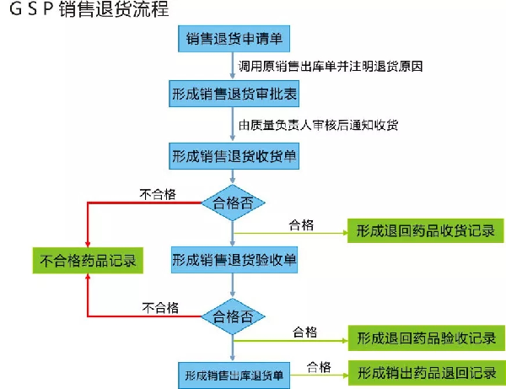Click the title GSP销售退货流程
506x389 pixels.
coord(89,8)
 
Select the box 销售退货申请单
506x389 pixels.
coord(234,39)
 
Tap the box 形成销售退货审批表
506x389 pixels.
coord(234,94)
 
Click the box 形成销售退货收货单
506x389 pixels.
coord(234,156)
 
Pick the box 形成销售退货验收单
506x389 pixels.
coord(234,260)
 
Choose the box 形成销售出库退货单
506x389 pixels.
coord(234,375)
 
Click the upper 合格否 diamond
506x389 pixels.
coord(233,203)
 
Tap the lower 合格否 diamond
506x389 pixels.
coord(233,316)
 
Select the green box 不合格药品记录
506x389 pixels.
coord(88,261)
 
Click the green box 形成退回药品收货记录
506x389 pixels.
coord(426,230)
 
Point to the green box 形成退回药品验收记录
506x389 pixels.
coord(426,338)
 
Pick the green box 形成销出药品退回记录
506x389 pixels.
coord(427,373)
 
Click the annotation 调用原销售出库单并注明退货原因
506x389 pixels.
coord(331,66)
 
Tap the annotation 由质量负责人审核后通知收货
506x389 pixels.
coord(318,125)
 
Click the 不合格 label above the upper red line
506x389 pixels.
coord(158,194)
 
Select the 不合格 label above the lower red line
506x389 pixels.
coord(160,308)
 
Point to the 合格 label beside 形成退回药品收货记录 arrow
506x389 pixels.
coord(301,225)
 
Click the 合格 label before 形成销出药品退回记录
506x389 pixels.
coord(319,367)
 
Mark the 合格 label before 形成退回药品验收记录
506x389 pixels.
coord(305,332)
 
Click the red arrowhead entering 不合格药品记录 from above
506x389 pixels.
coord(88,244)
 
